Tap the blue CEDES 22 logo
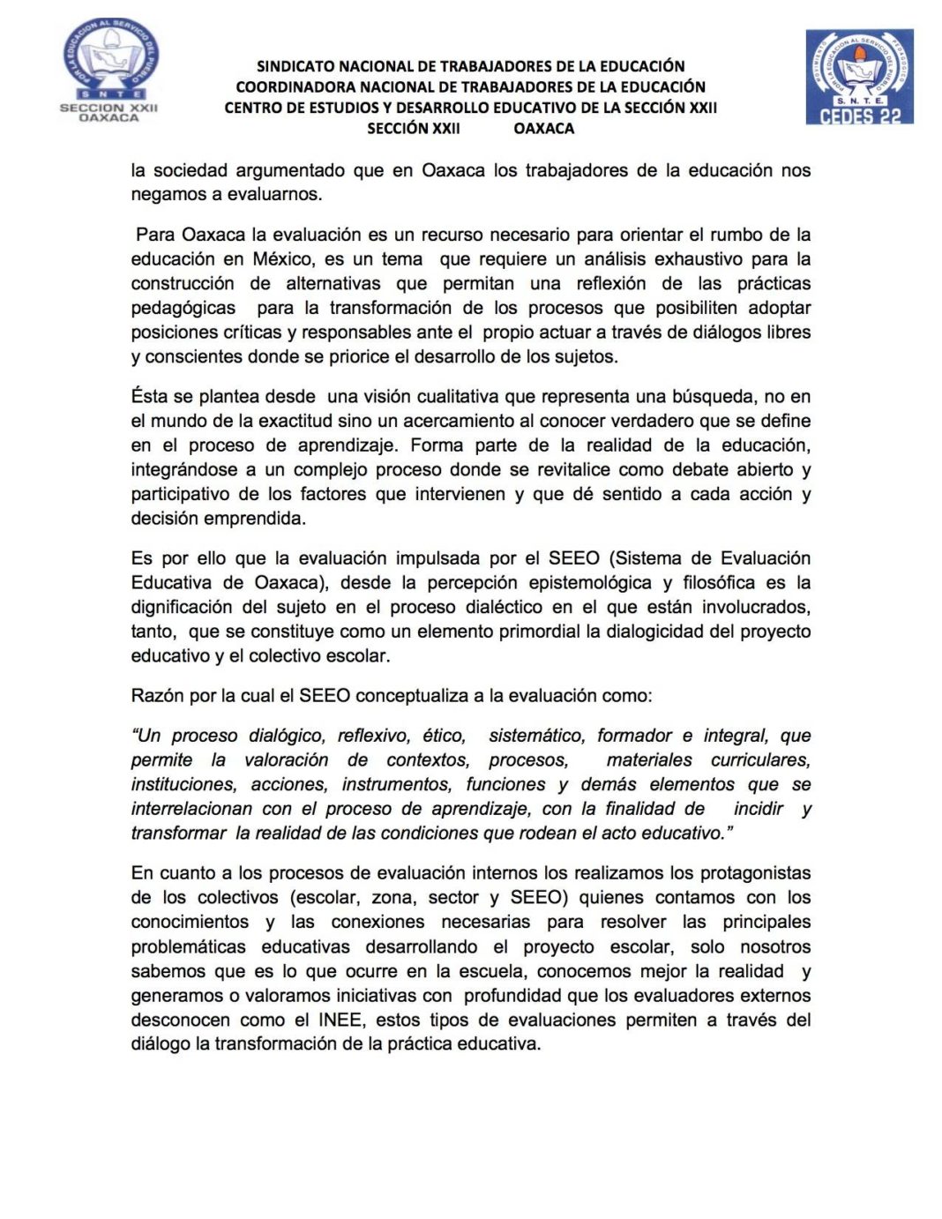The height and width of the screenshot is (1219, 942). point(859,77)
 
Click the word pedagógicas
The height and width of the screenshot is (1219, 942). point(183,308)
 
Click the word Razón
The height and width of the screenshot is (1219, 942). point(157,696)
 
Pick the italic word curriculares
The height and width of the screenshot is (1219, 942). point(760,760)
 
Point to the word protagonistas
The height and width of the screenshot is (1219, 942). point(755,873)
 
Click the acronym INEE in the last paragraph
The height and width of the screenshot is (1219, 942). point(340,1021)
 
